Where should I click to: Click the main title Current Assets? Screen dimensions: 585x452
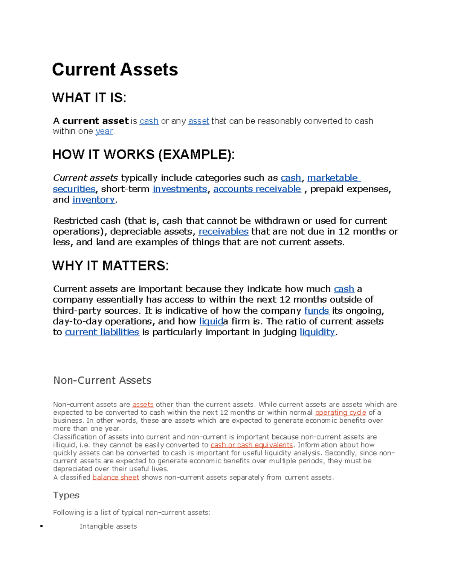coord(115,70)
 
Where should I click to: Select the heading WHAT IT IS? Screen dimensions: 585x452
coord(89,98)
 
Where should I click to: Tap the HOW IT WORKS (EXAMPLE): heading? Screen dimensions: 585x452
coord(143,154)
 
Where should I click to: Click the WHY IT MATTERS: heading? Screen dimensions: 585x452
coord(110,266)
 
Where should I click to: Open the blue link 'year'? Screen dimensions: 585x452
coord(104,131)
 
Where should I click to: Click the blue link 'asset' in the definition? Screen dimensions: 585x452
coord(199,121)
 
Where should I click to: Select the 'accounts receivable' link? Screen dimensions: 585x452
coord(257,189)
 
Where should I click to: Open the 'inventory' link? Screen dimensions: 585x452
coord(93,200)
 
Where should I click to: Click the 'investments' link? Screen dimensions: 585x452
coord(180,189)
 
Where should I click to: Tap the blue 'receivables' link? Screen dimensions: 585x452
coord(223,232)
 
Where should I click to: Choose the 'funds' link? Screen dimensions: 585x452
coord(316,311)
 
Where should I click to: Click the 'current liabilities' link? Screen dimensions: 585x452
coord(102,332)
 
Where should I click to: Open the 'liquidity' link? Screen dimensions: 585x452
coord(317,332)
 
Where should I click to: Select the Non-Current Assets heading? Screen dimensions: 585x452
coord(102,380)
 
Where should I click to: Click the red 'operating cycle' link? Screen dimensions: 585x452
coord(341,413)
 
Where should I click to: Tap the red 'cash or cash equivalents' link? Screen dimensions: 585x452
coord(252,445)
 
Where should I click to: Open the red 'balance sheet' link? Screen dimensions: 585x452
coord(116,478)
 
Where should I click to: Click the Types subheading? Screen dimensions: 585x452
coord(66,495)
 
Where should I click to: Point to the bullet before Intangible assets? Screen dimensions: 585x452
coord(41,526)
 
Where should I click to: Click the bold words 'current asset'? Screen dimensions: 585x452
coord(96,121)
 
